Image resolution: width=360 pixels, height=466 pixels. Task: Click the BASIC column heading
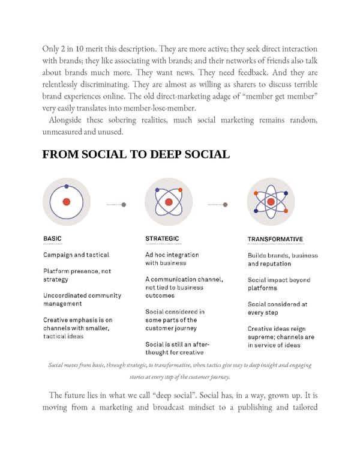coord(52,238)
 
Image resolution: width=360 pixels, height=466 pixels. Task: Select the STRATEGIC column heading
coord(162,238)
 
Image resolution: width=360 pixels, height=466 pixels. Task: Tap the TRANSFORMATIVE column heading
coord(275,239)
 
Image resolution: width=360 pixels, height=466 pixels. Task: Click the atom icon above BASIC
coord(67,202)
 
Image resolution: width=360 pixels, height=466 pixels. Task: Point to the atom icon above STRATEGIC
coord(169,202)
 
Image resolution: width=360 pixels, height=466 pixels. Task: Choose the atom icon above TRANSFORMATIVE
coord(271,202)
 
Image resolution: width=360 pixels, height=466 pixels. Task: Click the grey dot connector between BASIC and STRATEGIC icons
coord(124,205)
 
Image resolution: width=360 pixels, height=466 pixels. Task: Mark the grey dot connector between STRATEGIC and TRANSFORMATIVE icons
coord(226,205)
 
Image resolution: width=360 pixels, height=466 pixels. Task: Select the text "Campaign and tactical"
coord(76,255)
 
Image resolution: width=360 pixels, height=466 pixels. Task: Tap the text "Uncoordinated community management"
coord(82,299)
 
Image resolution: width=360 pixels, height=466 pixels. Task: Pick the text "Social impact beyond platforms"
coord(279,284)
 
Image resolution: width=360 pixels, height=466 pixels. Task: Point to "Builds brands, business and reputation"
coord(283,259)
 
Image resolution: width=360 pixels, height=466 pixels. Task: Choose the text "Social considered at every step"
coord(277,308)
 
